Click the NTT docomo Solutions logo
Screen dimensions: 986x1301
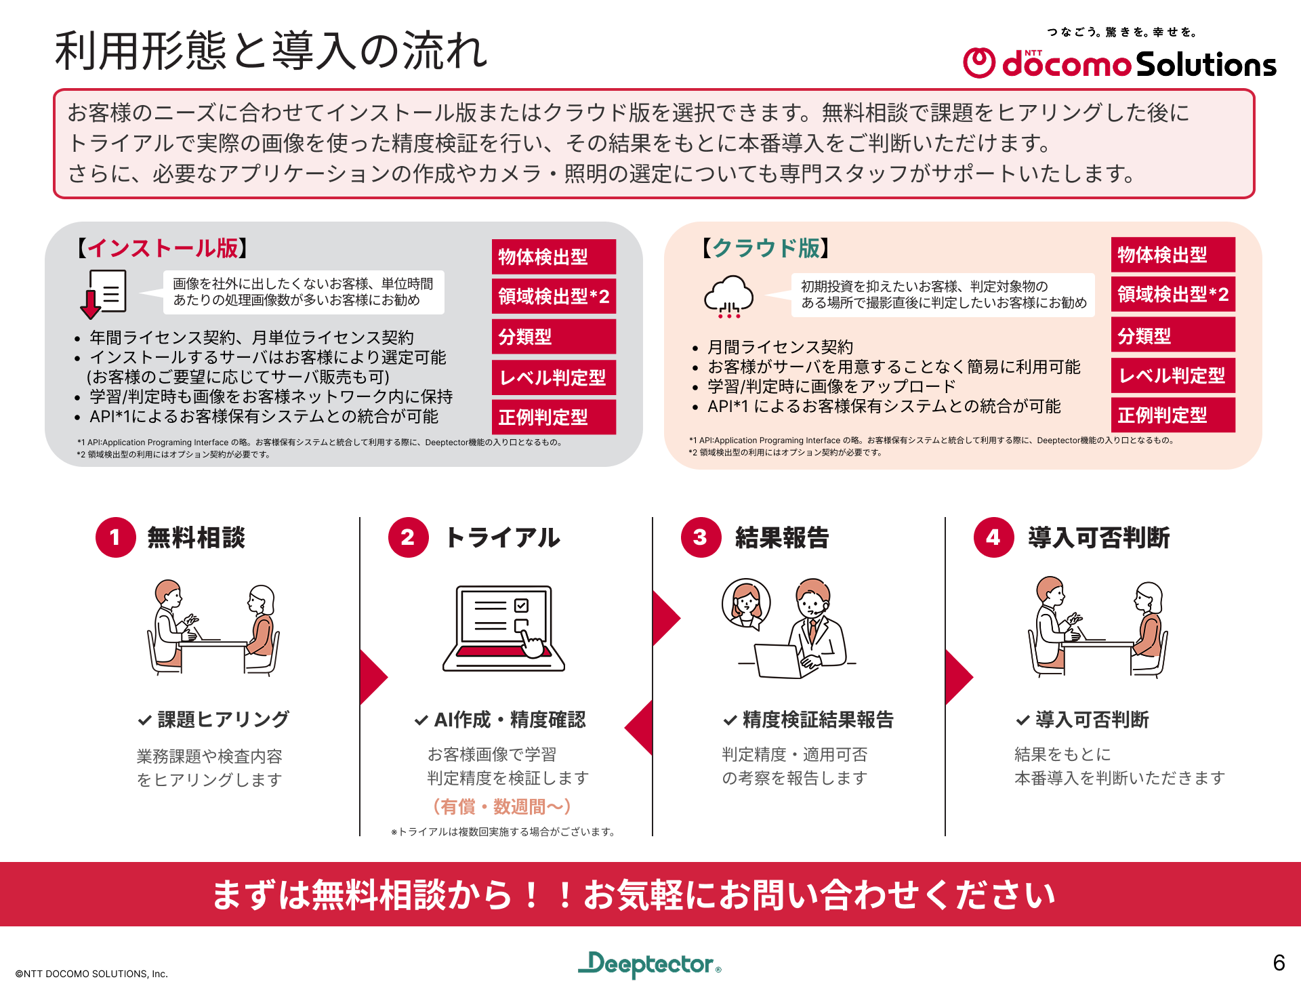click(x=1119, y=62)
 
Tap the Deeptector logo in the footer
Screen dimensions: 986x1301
click(x=649, y=964)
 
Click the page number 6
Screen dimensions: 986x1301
click(x=1279, y=962)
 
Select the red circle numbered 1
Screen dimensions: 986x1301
click(x=115, y=537)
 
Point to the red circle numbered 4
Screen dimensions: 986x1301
click(x=993, y=537)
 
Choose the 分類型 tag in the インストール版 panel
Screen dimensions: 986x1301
click(x=554, y=337)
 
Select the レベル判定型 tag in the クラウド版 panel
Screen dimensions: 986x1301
click(x=1173, y=375)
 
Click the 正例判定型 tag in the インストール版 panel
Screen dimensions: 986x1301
click(x=554, y=417)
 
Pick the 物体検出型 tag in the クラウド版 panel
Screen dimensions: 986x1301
click(x=1173, y=255)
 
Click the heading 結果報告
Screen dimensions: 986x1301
click(x=782, y=537)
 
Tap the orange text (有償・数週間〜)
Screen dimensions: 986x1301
click(x=502, y=806)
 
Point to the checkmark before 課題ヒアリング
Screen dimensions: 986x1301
click(x=144, y=720)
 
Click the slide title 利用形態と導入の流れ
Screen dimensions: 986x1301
click(x=271, y=51)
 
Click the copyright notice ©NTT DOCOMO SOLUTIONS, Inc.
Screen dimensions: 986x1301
click(x=91, y=974)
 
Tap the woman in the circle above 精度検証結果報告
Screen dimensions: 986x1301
click(x=746, y=602)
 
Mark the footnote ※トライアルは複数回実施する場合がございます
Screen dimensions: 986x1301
click(x=503, y=831)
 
